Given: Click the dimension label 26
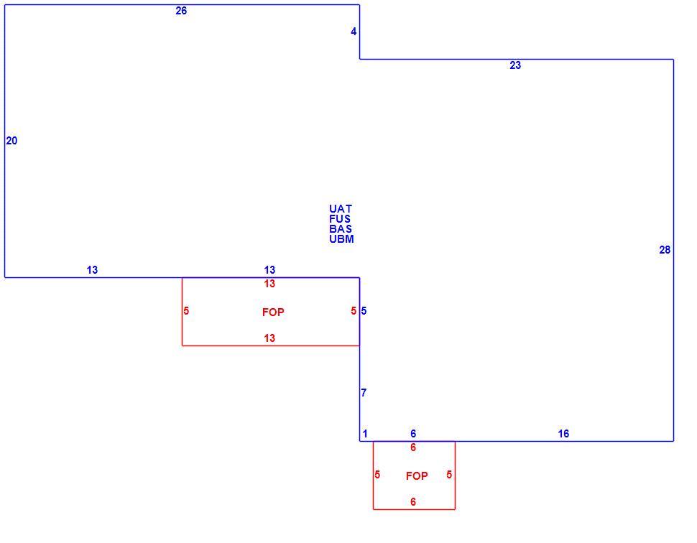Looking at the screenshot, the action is pos(181,11).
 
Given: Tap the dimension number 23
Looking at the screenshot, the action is pos(514,65).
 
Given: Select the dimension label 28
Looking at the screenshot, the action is pos(665,250).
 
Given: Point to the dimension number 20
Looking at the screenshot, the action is pos(11,141).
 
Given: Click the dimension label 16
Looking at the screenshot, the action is pos(563,434).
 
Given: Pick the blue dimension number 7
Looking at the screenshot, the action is pos(364,393).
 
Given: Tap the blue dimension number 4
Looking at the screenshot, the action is pos(354,32).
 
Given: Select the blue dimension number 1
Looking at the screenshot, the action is pos(365,434).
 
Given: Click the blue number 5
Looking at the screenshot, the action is pos(364,311).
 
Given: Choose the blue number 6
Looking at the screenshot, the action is pos(413,434).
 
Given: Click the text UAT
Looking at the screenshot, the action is pos(341,209).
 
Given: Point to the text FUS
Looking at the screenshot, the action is pos(340,219).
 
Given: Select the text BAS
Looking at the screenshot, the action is pos(341,229).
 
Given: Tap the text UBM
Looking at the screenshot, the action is pos(341,239).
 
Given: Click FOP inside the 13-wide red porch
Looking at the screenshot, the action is pos(273,312).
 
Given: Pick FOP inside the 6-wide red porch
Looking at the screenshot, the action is pos(417,476).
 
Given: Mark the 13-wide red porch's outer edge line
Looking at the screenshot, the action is pos(271,345).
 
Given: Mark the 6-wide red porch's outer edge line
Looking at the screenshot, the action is pos(414,509).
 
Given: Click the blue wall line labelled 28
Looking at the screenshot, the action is pos(673,250).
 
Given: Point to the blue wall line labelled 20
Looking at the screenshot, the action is pos(4,141).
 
